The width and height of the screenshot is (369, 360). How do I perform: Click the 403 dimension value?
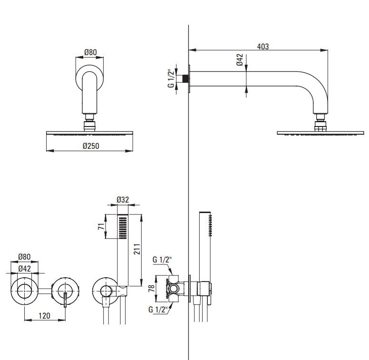[x=262, y=47]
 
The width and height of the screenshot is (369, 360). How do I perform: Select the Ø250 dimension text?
[x=90, y=146]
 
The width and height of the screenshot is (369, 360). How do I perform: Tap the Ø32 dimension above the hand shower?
[x=123, y=201]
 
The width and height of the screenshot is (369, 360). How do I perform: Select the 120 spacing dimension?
[x=45, y=315]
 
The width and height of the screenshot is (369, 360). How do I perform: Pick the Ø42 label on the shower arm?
[x=240, y=60]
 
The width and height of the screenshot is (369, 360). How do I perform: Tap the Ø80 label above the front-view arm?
[x=90, y=52]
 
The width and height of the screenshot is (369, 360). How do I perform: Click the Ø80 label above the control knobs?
[x=24, y=257]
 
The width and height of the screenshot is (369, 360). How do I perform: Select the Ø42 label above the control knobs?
[x=24, y=268]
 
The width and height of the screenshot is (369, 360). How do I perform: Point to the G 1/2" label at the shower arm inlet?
[x=170, y=78]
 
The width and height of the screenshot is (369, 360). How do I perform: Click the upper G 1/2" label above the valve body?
[x=162, y=260]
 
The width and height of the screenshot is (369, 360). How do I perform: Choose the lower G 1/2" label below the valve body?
[x=158, y=310]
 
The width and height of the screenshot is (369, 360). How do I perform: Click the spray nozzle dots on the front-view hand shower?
[x=123, y=228]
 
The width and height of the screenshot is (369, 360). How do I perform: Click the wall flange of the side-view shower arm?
[x=190, y=78]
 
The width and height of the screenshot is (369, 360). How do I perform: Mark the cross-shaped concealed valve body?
[x=175, y=288]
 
